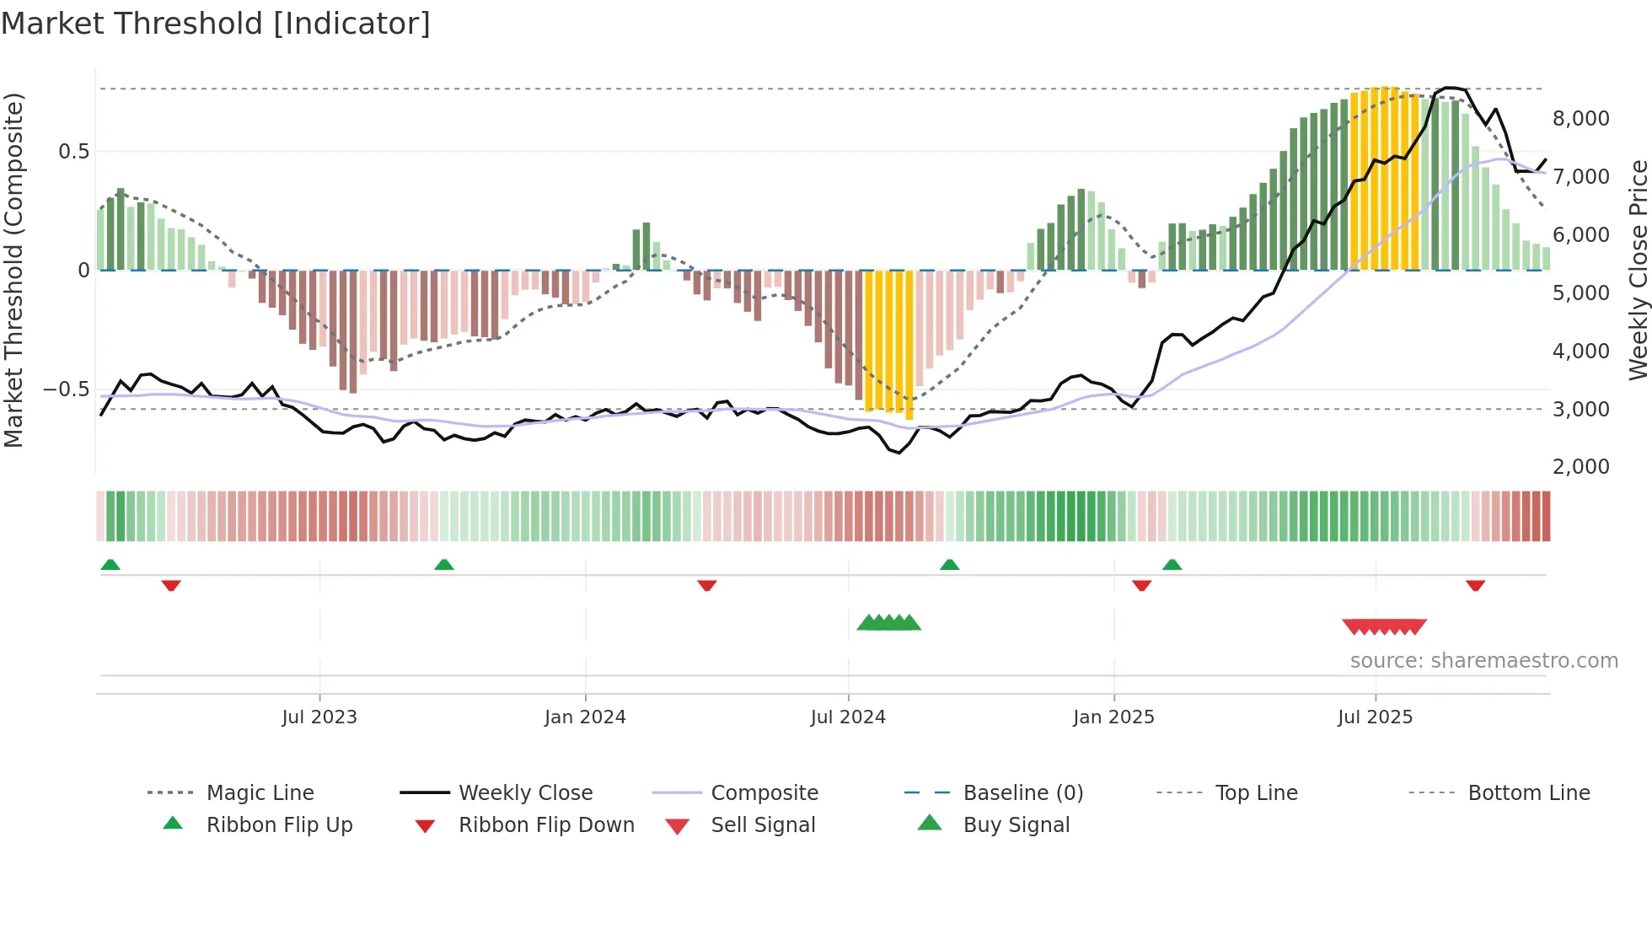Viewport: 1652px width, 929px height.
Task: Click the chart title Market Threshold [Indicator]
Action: tap(216, 24)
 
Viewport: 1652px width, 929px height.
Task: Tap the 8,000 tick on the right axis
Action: tap(1580, 119)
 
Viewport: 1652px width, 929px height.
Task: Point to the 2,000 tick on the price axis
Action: tap(1580, 467)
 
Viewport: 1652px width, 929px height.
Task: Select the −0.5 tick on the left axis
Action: tap(66, 389)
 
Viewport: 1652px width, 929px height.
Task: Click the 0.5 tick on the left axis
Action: tap(73, 152)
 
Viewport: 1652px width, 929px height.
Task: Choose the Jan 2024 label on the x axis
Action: tap(585, 717)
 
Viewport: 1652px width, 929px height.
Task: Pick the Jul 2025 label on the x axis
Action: tap(1375, 717)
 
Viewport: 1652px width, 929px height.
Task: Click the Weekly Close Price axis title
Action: tap(1638, 270)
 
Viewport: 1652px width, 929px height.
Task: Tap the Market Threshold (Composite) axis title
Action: tap(13, 270)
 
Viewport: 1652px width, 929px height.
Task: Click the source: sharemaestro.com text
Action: tap(1483, 661)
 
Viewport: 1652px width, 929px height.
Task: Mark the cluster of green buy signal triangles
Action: tap(888, 623)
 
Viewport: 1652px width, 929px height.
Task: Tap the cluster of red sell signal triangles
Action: tap(1384, 627)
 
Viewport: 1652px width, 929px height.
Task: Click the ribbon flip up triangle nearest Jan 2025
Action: tap(1172, 565)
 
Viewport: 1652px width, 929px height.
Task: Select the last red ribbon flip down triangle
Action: tap(1475, 585)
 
